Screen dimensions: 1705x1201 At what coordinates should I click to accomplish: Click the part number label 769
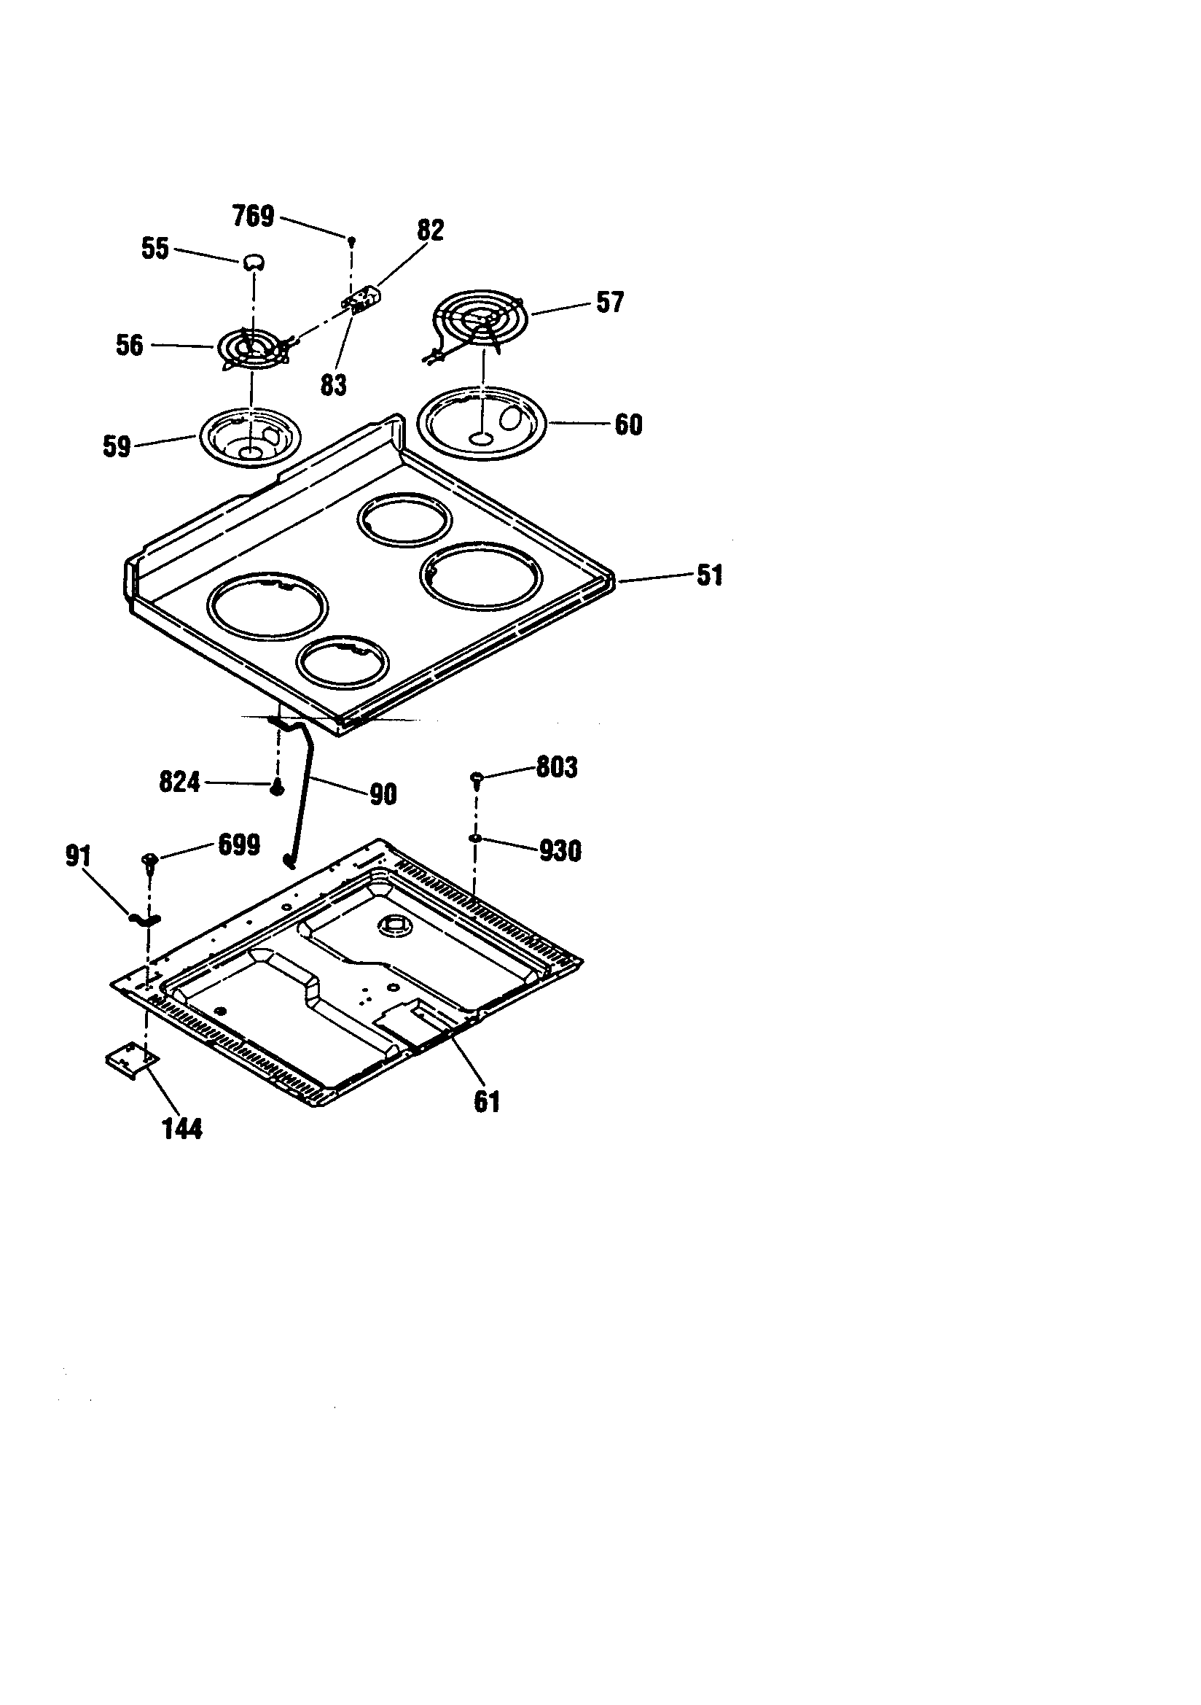[253, 216]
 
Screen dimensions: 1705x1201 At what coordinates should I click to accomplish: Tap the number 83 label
[333, 385]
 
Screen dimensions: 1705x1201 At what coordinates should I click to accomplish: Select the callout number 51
[710, 575]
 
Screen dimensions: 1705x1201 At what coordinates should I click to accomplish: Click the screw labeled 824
[276, 789]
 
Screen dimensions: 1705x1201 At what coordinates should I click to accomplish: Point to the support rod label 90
[383, 795]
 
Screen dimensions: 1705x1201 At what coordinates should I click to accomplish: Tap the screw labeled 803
[477, 778]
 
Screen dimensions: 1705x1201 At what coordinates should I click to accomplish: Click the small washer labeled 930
[474, 838]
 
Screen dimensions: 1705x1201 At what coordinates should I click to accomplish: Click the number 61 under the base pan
[486, 1101]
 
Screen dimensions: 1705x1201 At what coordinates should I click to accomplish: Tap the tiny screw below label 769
[351, 240]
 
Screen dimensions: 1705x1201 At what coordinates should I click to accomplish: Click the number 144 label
[182, 1129]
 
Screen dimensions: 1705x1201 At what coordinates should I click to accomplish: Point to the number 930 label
[560, 851]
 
